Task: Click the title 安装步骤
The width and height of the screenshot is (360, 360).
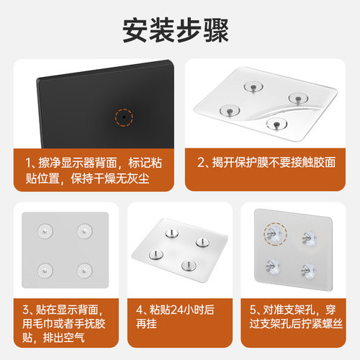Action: coord(180,30)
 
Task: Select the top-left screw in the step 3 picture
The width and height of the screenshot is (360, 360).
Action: coord(45,232)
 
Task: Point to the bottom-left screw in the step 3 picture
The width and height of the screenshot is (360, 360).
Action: coord(45,271)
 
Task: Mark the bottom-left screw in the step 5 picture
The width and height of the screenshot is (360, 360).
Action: coord(274,267)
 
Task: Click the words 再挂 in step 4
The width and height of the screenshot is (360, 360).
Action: coord(148,324)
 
